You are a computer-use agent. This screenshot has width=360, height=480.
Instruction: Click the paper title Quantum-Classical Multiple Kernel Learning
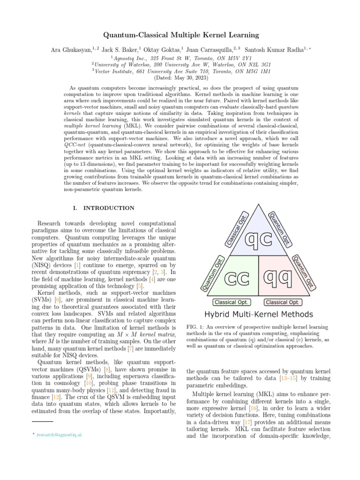(x=180, y=35)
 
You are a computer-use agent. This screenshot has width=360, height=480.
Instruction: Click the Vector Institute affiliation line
(x=180, y=71)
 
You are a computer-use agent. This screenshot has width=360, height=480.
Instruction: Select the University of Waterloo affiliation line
(x=180, y=64)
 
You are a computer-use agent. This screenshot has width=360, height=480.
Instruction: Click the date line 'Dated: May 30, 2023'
(x=180, y=78)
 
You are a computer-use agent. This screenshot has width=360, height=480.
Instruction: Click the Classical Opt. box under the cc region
(x=231, y=302)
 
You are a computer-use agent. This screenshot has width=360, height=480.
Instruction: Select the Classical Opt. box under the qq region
(x=283, y=302)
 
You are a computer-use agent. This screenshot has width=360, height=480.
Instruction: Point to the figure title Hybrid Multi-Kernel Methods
(x=256, y=314)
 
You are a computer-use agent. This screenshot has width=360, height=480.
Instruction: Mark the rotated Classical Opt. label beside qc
(x=236, y=228)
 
